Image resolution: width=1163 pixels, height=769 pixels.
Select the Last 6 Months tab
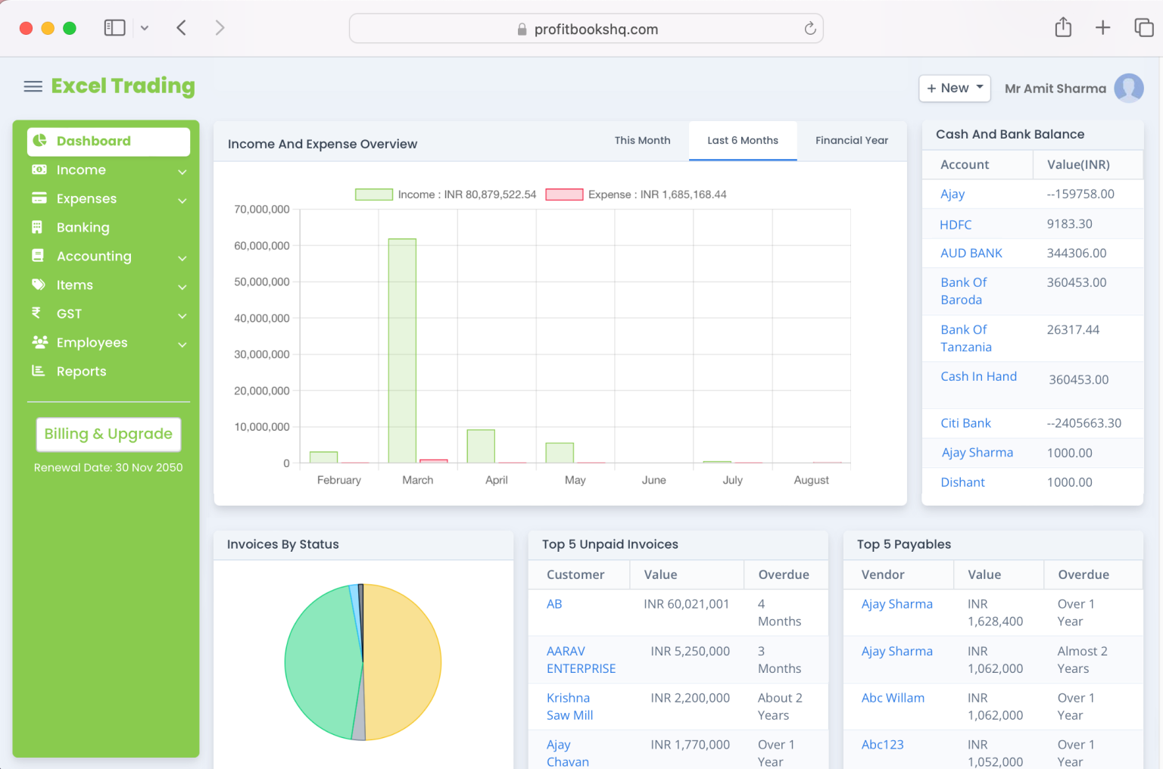click(742, 141)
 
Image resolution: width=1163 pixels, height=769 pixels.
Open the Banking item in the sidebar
click(83, 228)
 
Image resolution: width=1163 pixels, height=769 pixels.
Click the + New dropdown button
click(954, 88)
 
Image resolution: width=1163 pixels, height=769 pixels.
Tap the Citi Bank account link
click(965, 423)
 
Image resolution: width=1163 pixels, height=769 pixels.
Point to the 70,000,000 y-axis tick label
click(262, 210)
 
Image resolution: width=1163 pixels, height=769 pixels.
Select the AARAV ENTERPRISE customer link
click(581, 660)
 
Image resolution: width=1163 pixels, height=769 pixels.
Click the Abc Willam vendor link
click(893, 698)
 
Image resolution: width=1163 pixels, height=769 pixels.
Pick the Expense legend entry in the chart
click(636, 195)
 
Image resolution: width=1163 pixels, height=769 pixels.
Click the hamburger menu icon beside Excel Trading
click(33, 86)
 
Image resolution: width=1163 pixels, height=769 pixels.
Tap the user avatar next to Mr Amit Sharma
click(1128, 88)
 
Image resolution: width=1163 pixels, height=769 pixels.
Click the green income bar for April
click(481, 446)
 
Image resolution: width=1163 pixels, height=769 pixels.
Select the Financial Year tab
click(851, 141)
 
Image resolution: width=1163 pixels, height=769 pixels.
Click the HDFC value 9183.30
click(1069, 224)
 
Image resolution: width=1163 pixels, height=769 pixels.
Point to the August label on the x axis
click(811, 480)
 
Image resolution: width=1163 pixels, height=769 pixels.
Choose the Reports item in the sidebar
click(81, 372)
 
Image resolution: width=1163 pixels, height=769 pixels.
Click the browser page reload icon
click(809, 29)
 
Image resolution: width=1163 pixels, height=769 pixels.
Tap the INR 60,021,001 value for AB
click(686, 604)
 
